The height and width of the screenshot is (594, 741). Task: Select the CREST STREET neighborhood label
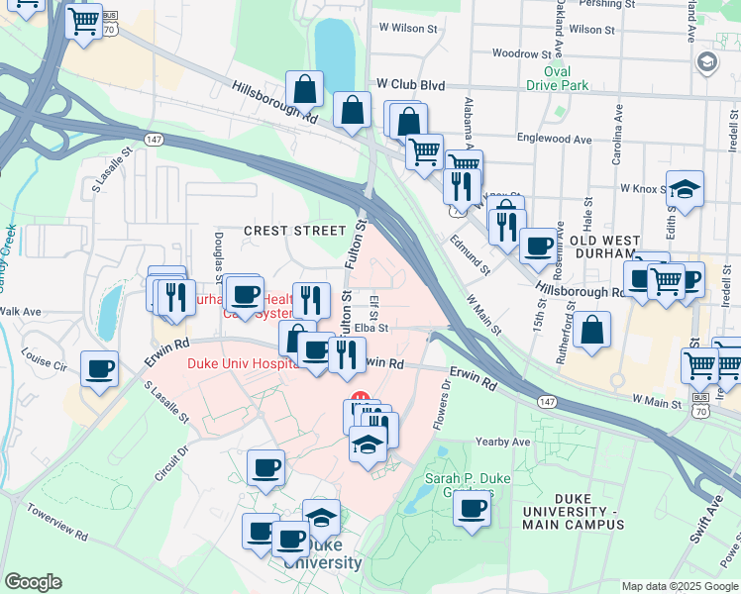click(294, 231)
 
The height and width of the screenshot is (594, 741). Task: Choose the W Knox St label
click(641, 186)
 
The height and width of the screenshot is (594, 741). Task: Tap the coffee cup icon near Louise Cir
click(99, 370)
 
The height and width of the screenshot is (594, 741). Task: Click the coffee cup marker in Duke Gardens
click(473, 509)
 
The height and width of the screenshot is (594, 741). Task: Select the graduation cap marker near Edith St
click(685, 188)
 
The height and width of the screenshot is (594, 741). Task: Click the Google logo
click(33, 582)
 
